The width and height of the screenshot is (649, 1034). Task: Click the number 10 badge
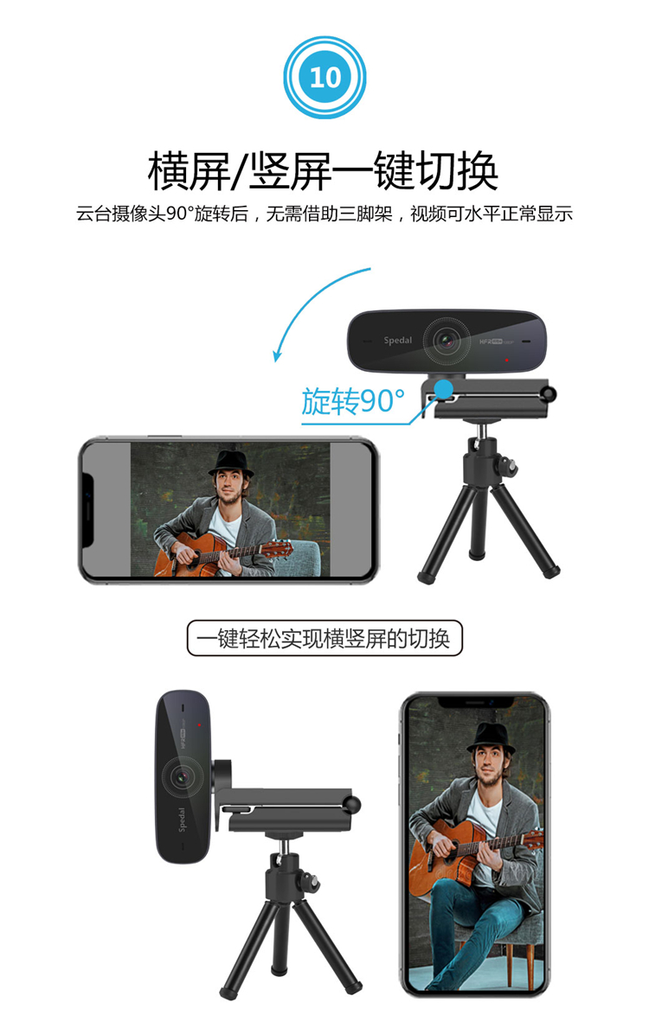pyautogui.click(x=324, y=78)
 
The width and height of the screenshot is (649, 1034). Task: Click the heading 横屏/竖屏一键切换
pyautogui.click(x=323, y=171)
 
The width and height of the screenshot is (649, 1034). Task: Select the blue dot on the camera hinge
pyautogui.click(x=444, y=388)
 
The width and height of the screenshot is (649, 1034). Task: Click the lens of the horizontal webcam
pyautogui.click(x=447, y=341)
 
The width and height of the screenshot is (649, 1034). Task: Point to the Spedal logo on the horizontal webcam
pyautogui.click(x=397, y=341)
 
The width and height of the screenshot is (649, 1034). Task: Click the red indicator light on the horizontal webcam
pyautogui.click(x=506, y=360)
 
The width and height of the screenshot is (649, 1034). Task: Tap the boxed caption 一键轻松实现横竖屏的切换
pyautogui.click(x=324, y=638)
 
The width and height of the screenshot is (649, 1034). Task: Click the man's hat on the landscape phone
pyautogui.click(x=231, y=463)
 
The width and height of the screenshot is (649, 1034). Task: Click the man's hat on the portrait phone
pyautogui.click(x=492, y=738)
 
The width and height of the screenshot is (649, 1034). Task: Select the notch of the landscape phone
pyautogui.click(x=87, y=510)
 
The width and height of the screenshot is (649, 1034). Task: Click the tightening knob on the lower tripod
pyautogui.click(x=311, y=880)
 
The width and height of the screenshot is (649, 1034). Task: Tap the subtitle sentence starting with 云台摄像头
pyautogui.click(x=324, y=214)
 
